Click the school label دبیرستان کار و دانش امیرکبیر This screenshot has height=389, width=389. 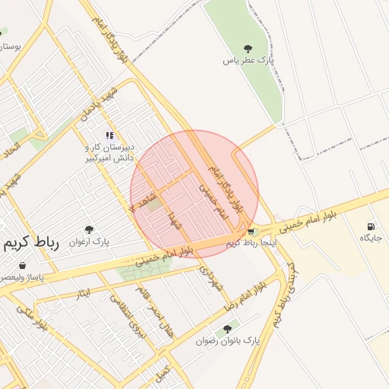click(108, 152)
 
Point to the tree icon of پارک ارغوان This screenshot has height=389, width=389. click(89, 229)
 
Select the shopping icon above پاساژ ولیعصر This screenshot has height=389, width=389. click(23, 266)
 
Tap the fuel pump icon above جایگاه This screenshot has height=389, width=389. click(371, 226)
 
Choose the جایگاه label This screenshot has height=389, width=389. click(370, 238)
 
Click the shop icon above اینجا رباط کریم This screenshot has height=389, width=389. click(251, 232)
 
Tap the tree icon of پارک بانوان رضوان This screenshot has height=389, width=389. click(226, 329)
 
